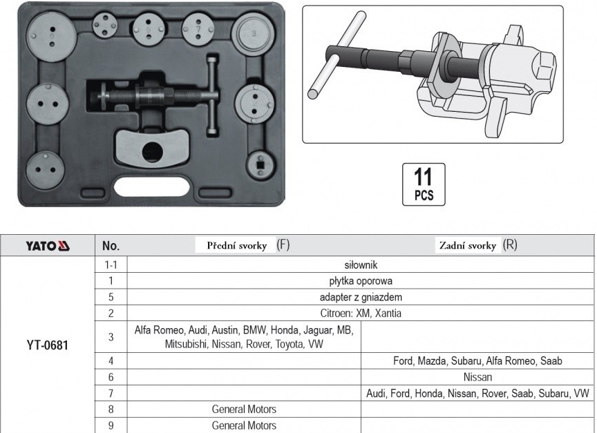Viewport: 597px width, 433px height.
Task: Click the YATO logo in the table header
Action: point(48,246)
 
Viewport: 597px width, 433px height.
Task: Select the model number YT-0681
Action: point(48,345)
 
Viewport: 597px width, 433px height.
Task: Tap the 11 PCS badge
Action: point(424,184)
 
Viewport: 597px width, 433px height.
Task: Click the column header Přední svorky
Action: point(237,245)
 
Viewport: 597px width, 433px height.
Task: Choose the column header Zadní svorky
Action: point(468,245)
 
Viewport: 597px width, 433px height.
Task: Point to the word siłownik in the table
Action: point(361,264)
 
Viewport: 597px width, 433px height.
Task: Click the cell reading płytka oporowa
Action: point(361,281)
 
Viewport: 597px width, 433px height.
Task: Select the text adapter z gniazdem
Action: point(361,297)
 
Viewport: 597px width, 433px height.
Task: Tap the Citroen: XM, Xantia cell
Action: point(361,313)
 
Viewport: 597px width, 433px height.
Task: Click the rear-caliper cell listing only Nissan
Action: point(478,377)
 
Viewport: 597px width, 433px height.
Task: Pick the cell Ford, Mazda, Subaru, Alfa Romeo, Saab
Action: point(478,360)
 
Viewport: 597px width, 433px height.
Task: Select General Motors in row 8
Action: point(244,410)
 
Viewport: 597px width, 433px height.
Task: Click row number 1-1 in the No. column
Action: point(111,264)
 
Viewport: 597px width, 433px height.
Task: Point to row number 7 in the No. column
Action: point(111,394)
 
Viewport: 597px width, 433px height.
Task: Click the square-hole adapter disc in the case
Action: point(260,165)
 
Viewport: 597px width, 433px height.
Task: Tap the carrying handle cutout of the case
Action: point(152,187)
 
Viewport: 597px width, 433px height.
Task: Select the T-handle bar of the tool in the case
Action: point(213,95)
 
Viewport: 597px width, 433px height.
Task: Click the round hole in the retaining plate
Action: point(152,151)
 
